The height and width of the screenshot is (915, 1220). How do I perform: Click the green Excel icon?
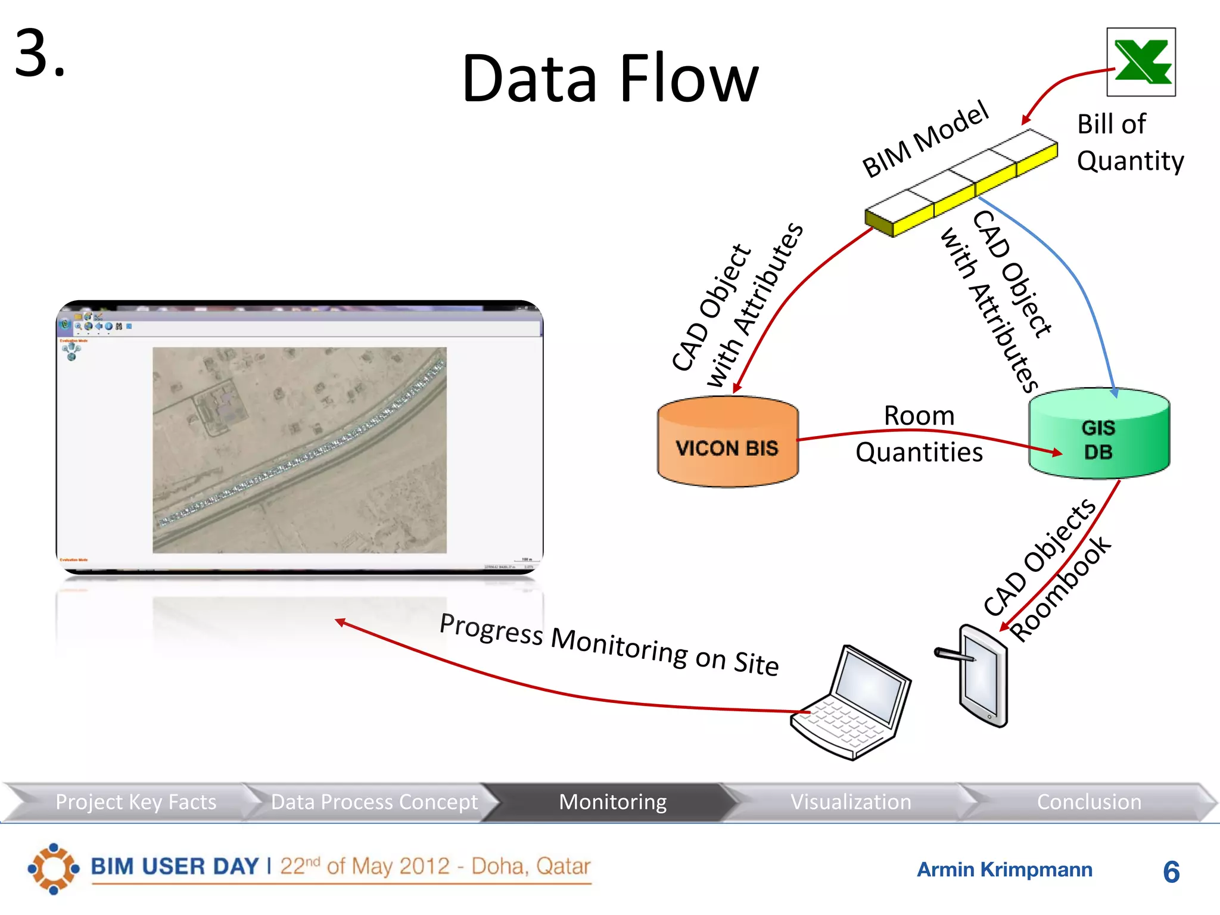1141,62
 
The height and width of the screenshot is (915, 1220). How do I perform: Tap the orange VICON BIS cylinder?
727,443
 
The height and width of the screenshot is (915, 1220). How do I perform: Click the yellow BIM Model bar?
961,183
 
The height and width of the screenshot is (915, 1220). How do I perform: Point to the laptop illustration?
852,703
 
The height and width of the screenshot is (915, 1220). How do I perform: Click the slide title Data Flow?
610,79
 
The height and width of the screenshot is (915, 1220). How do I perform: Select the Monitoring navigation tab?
612,802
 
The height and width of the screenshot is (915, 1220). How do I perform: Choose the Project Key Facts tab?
136,802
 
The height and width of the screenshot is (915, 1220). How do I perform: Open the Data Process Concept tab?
374,802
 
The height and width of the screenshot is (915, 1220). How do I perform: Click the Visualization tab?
851,802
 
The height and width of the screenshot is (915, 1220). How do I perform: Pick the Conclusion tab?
1089,802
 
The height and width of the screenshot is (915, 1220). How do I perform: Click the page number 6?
1171,872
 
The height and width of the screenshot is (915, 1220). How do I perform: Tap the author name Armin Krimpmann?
1004,870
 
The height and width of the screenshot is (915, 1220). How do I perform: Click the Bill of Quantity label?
1129,142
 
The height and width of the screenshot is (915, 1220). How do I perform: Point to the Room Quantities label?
919,434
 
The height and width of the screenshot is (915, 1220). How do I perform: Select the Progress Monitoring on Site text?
609,644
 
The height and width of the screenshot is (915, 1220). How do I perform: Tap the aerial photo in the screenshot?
300,450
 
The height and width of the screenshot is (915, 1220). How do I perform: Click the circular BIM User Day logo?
54,868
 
